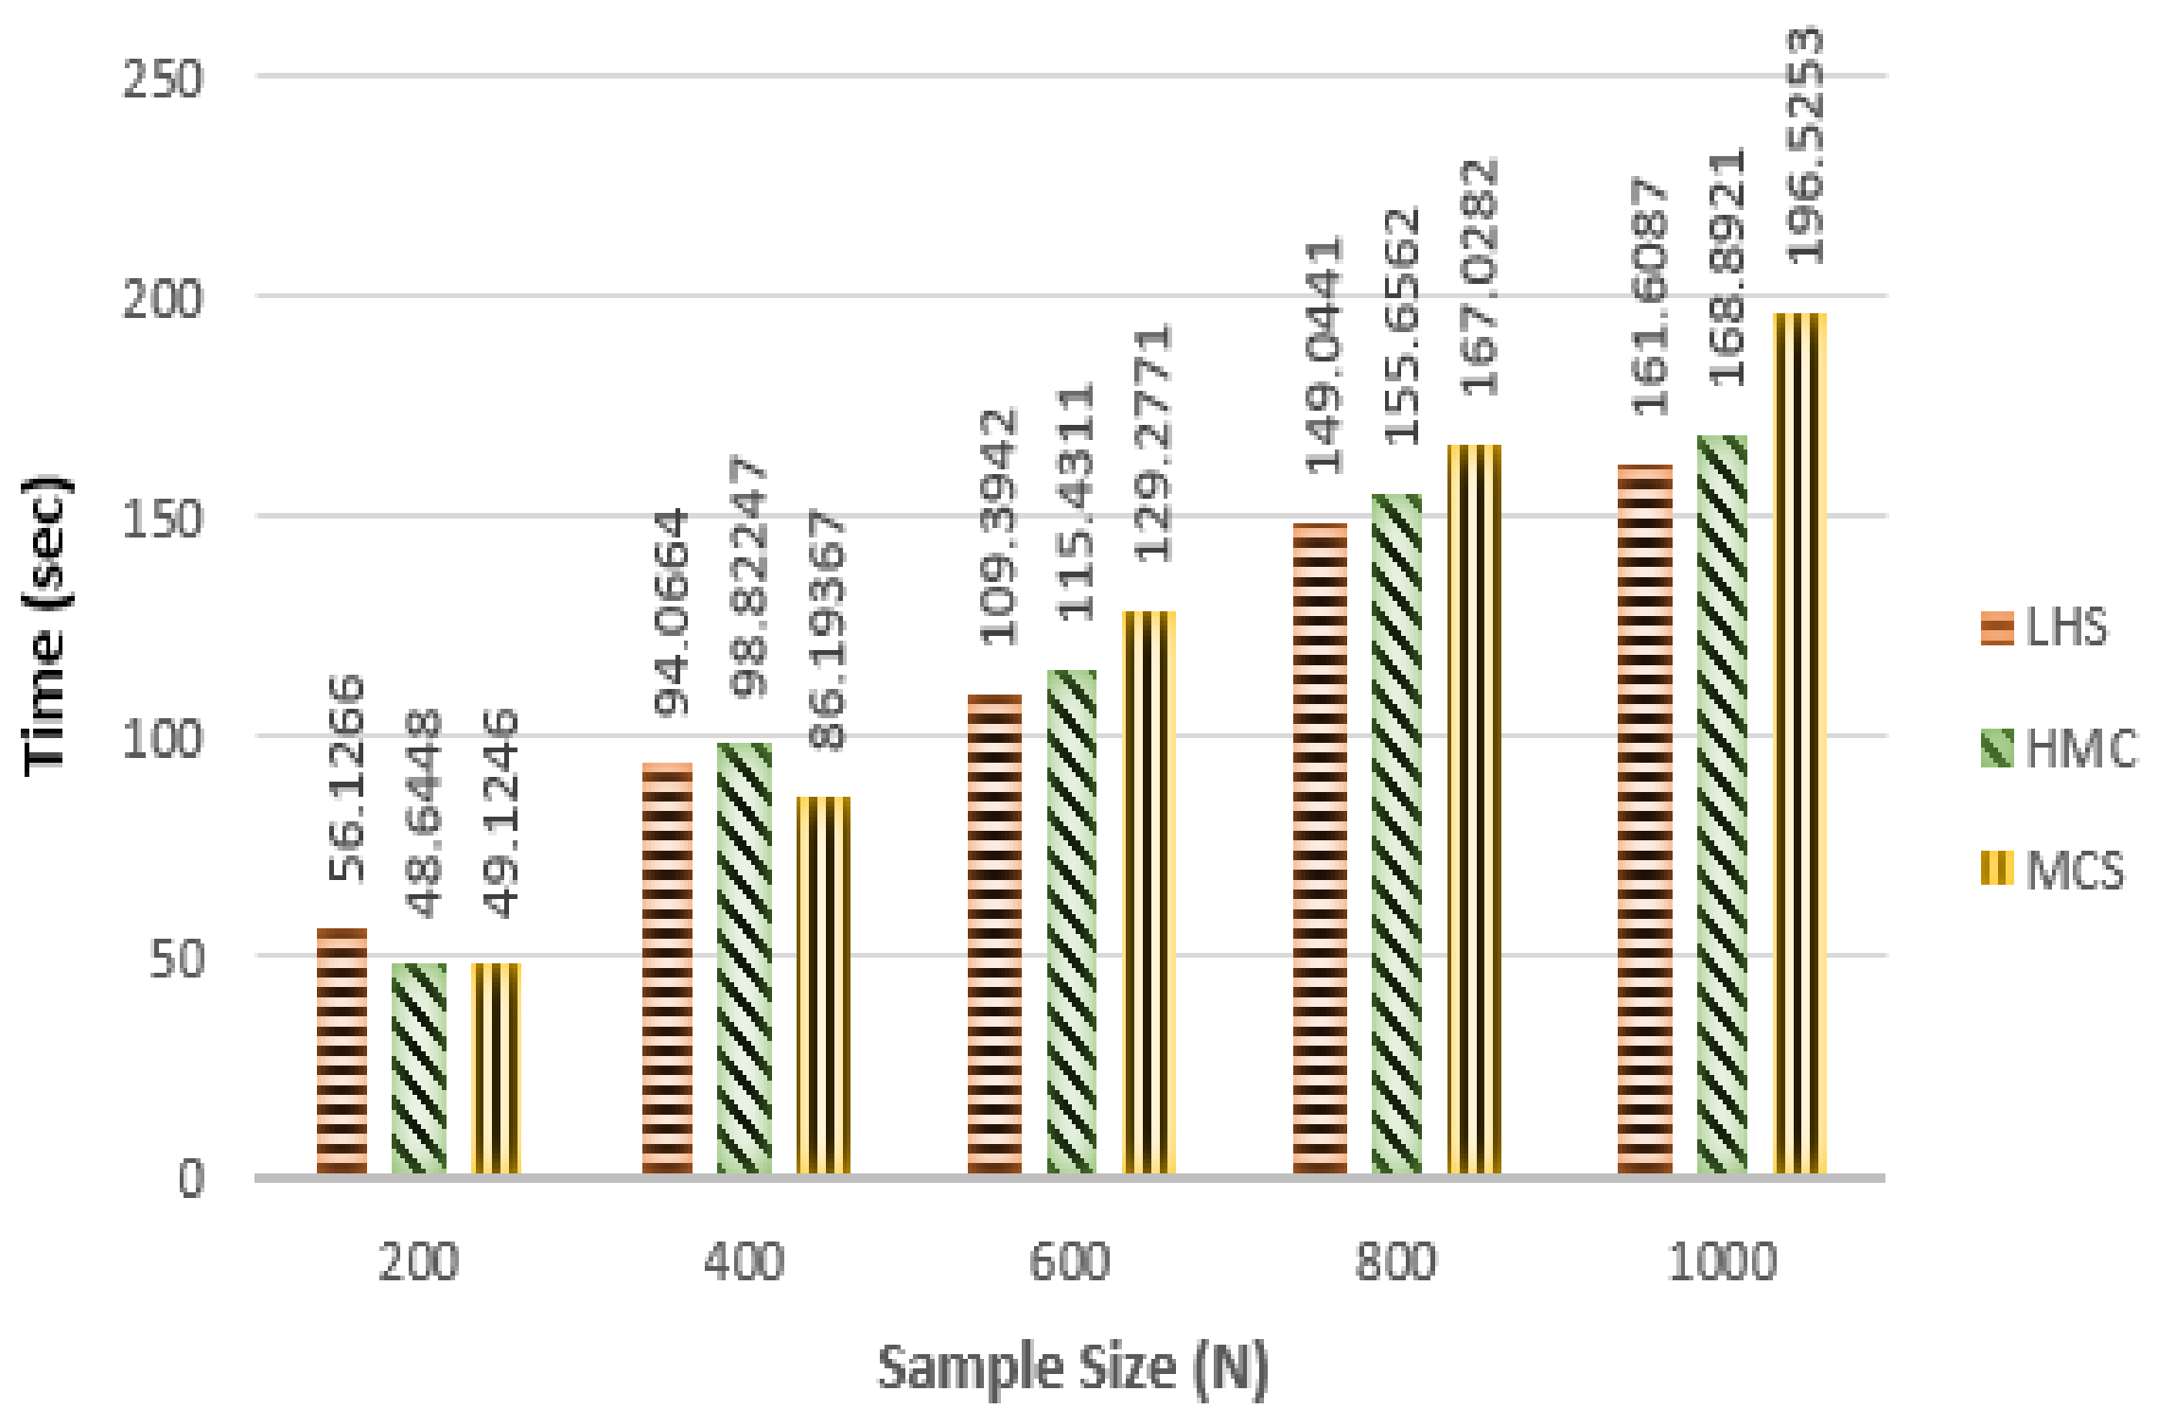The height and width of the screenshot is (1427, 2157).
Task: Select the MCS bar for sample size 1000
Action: tap(1799, 743)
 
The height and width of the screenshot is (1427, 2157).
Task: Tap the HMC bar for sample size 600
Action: tap(1071, 922)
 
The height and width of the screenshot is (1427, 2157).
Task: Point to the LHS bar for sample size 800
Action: tap(1320, 848)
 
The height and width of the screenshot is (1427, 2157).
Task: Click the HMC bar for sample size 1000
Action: tap(1722, 804)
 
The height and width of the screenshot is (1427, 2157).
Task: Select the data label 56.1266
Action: tap(346, 778)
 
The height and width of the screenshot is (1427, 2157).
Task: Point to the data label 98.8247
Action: tap(750, 576)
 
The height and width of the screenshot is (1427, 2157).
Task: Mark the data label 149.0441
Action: tap(1324, 355)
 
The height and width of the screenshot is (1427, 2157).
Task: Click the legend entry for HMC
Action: tap(2058, 749)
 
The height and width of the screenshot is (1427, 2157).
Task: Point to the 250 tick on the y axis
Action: tap(163, 79)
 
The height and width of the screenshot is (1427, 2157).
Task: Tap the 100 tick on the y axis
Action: tap(163, 738)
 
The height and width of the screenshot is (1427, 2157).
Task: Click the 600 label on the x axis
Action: tap(1069, 1262)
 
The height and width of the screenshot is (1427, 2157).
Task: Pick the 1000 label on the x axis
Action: tap(1722, 1262)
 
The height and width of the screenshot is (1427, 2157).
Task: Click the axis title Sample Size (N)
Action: tap(1073, 1368)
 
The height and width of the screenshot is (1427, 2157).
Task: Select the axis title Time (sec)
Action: tap(45, 625)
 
